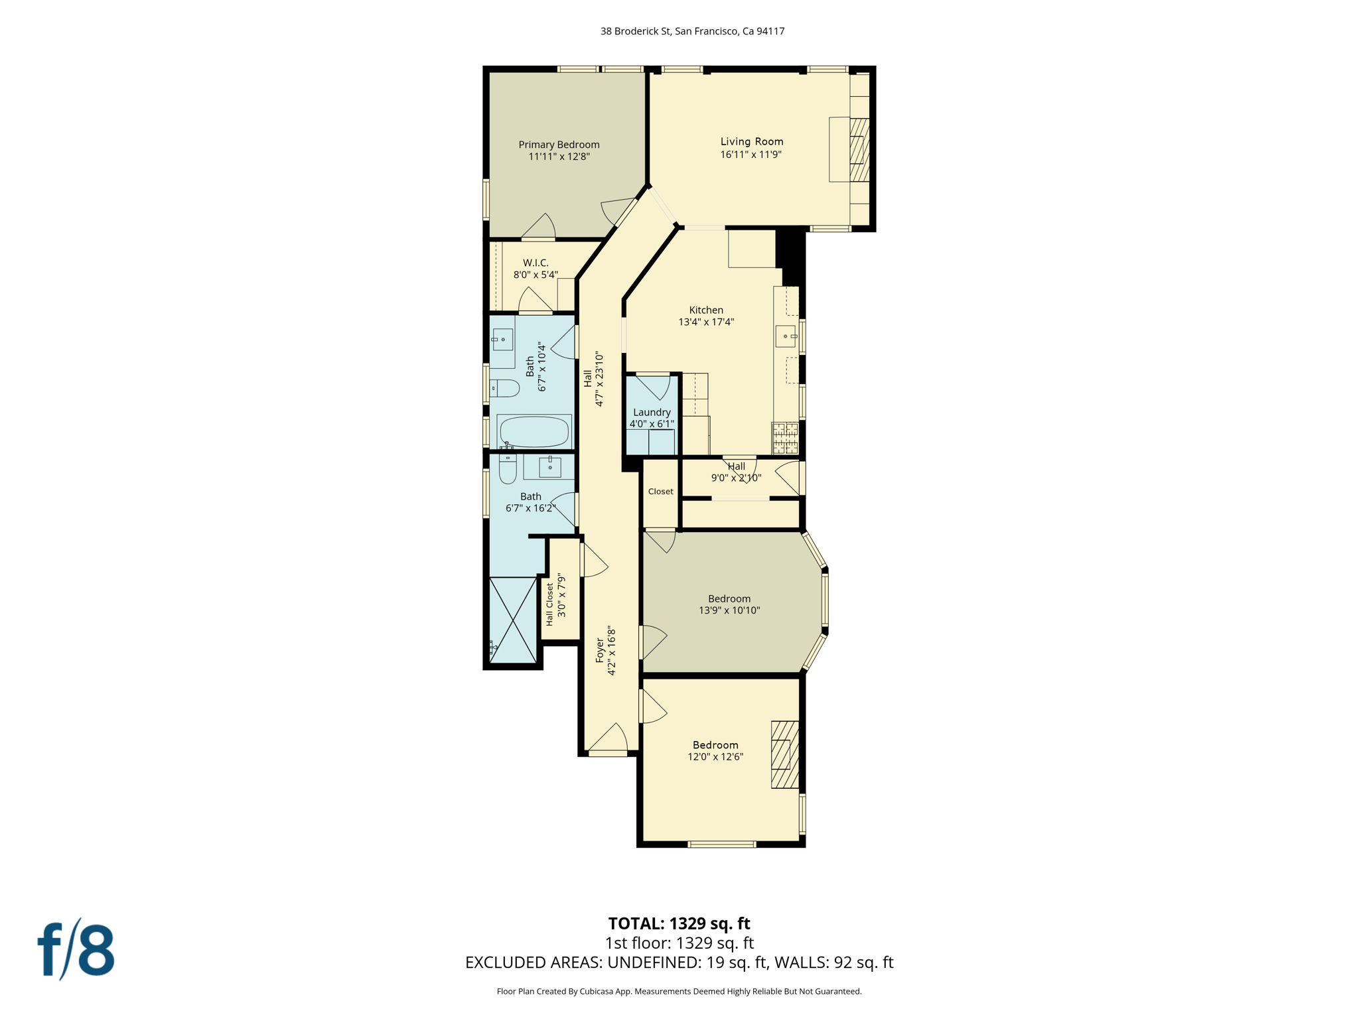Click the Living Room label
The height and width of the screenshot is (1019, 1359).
point(752,141)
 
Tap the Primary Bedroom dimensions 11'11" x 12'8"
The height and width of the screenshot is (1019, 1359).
point(559,157)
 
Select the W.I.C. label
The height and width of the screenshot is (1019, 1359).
point(536,263)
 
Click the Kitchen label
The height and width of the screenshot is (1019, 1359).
point(706,310)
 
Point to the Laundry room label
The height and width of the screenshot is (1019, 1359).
point(652,412)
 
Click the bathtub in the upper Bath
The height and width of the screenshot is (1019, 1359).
point(534,432)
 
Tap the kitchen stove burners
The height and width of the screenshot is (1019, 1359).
point(785,437)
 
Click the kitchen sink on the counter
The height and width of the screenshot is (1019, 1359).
point(786,336)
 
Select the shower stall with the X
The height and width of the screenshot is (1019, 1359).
point(513,620)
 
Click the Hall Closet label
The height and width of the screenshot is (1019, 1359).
point(549,604)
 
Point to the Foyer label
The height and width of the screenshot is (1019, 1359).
point(600,651)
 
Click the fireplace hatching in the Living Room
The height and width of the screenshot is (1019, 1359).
point(859,150)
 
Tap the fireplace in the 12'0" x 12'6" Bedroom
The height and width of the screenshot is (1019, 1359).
point(784,754)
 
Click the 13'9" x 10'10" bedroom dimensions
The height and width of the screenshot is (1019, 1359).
point(729,610)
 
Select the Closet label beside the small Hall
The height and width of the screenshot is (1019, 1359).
point(660,492)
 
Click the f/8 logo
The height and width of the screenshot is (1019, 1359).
point(76,950)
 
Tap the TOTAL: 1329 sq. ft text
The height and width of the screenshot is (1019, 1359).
point(679,923)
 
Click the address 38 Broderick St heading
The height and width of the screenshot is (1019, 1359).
point(692,31)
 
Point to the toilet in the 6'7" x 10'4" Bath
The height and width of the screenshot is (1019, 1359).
point(506,388)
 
